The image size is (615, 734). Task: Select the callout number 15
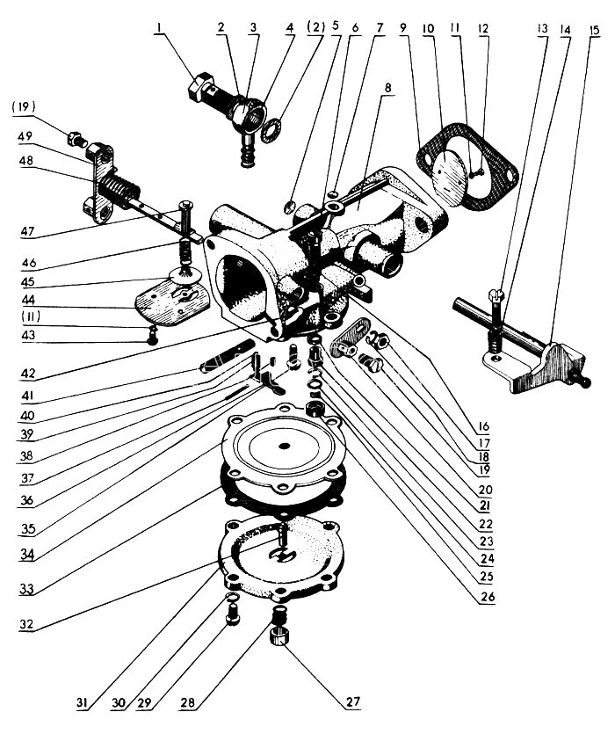(595, 30)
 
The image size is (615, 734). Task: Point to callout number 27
(352, 702)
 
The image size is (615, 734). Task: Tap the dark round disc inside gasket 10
(459, 182)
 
